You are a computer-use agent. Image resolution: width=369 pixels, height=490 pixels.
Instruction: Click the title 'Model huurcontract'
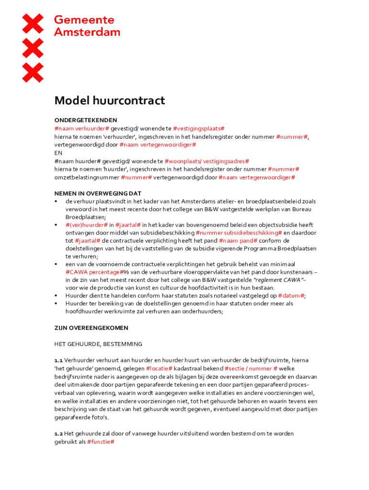coord(109,101)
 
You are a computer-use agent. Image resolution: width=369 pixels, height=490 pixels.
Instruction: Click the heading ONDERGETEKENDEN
coord(86,120)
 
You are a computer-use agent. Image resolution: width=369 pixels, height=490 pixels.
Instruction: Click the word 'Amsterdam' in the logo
coord(87,32)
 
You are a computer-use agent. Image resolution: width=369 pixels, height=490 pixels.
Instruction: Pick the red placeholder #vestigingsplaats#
coord(199,129)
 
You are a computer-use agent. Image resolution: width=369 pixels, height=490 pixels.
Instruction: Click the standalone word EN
coord(58,153)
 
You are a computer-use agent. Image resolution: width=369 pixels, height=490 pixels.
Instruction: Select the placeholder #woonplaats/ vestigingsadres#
coord(207,161)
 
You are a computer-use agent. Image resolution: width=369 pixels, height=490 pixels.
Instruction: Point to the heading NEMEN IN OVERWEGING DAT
coord(98,193)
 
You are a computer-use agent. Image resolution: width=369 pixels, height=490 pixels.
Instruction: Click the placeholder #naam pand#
coord(238,240)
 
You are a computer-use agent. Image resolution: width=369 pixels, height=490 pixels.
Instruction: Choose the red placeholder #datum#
coord(291,295)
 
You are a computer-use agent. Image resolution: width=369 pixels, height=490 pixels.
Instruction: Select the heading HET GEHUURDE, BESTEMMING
coord(98,344)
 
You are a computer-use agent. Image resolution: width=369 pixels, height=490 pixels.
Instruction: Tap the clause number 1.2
coord(58,434)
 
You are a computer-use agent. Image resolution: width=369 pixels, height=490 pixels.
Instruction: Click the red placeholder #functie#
coord(101,442)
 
